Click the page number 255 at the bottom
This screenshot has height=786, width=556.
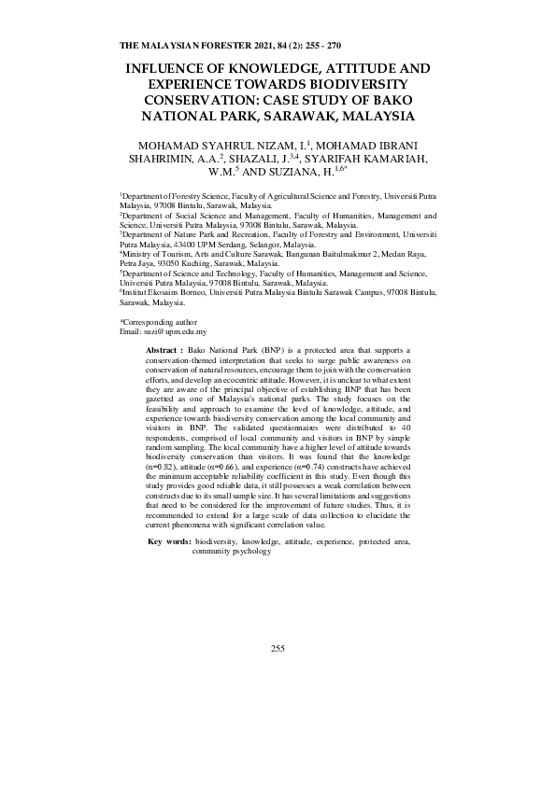pyautogui.click(x=278, y=648)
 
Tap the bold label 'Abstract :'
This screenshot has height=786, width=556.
pyautogui.click(x=165, y=348)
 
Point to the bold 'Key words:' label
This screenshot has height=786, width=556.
pyautogui.click(x=169, y=541)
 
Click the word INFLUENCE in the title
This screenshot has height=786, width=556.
pyautogui.click(x=173, y=69)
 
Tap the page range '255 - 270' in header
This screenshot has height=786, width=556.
pyautogui.click(x=321, y=45)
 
